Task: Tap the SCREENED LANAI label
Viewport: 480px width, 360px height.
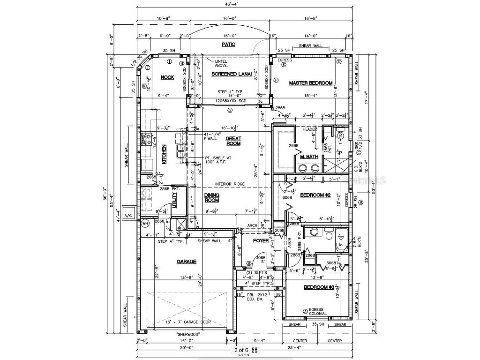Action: click(232, 74)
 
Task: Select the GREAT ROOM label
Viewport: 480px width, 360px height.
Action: click(233, 141)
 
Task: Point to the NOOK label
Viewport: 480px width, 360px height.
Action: click(167, 77)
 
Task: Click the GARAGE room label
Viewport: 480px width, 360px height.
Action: click(186, 262)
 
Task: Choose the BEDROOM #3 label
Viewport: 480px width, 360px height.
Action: click(319, 287)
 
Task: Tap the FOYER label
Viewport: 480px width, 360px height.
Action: click(261, 241)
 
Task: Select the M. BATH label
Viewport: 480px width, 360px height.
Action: click(309, 156)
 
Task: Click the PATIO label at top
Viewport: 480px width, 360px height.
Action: click(228, 45)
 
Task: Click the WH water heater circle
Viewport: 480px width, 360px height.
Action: click(145, 224)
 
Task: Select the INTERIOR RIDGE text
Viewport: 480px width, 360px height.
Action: click(231, 184)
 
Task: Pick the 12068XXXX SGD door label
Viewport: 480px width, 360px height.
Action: click(231, 101)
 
